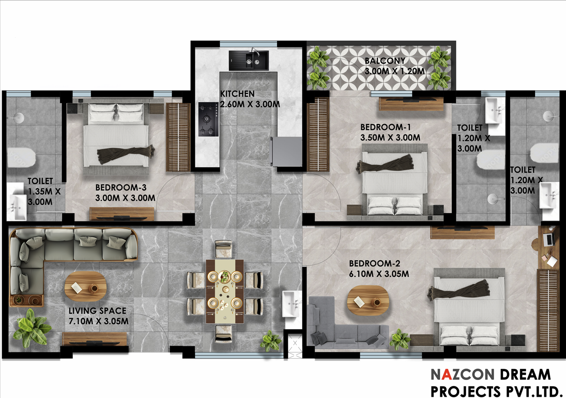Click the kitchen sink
point(249,61)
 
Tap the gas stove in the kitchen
point(208,119)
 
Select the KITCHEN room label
point(237,94)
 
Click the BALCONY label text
point(385,61)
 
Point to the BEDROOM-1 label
point(386,127)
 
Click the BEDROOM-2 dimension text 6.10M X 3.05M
point(379,274)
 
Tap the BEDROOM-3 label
point(121,187)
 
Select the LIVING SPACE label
point(97,311)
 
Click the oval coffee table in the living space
point(85,286)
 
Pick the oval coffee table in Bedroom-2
point(368,300)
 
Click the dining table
point(225,291)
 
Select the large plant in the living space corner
point(32,328)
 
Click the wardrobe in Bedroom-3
point(178,137)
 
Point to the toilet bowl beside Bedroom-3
point(21,158)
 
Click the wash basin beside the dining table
point(292,304)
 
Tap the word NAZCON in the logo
point(463,374)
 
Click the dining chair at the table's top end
point(224,249)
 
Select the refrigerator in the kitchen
point(286,152)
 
